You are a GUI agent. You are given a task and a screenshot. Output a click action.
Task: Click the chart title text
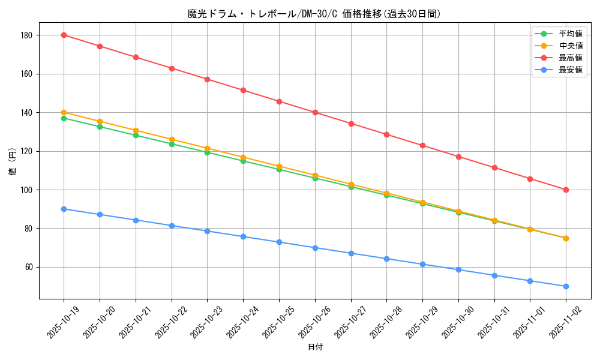click(x=314, y=14)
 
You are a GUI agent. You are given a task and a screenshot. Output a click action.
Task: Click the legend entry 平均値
click(x=570, y=34)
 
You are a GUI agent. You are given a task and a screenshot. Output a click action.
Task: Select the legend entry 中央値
click(x=570, y=46)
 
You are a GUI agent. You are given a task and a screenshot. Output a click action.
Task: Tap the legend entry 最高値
click(x=570, y=58)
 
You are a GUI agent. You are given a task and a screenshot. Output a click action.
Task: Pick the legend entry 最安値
click(x=570, y=70)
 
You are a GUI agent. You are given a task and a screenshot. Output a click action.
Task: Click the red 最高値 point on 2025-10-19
click(x=64, y=35)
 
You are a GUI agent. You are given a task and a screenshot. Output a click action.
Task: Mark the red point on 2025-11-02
click(x=566, y=190)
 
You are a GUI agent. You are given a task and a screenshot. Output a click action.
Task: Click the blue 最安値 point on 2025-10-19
click(x=64, y=209)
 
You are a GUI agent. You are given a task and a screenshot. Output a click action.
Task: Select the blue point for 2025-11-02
click(x=566, y=286)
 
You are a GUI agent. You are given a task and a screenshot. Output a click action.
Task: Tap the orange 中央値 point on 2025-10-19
click(x=64, y=112)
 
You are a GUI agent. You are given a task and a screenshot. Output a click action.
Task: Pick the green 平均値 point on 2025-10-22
click(x=172, y=144)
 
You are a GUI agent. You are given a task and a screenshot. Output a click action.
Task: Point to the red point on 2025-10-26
click(x=315, y=112)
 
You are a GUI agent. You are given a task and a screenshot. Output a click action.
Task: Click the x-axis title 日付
click(x=315, y=347)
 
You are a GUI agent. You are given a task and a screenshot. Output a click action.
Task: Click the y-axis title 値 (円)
click(x=12, y=161)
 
